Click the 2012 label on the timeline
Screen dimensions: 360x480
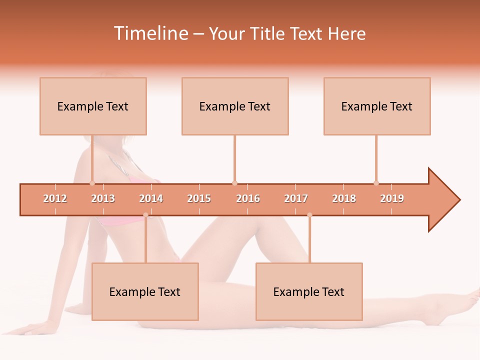pyautogui.click(x=55, y=199)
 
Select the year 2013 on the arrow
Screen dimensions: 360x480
pyautogui.click(x=103, y=199)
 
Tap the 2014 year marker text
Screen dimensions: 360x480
pyautogui.click(x=151, y=199)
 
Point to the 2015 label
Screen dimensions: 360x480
pyautogui.click(x=199, y=199)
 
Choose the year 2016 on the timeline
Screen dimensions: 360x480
pyautogui.click(x=248, y=199)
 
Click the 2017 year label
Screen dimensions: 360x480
pyautogui.click(x=296, y=199)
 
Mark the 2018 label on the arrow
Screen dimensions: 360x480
pyautogui.click(x=344, y=199)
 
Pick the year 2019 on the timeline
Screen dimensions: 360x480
pyautogui.click(x=392, y=199)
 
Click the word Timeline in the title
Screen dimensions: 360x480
pyautogui.click(x=150, y=33)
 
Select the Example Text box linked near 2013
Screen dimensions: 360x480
pyautogui.click(x=93, y=106)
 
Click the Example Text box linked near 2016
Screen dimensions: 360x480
pyautogui.click(x=235, y=106)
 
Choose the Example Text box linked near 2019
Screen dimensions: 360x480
pyautogui.click(x=377, y=106)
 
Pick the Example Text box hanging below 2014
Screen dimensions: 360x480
pyautogui.click(x=145, y=291)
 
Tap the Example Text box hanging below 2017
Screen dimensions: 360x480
pyautogui.click(x=309, y=291)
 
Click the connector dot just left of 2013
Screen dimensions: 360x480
pyautogui.click(x=92, y=183)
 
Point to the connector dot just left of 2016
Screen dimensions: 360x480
pyautogui.click(x=234, y=183)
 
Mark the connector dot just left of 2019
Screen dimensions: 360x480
pyautogui.click(x=376, y=183)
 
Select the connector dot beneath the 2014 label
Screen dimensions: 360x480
pyautogui.click(x=145, y=215)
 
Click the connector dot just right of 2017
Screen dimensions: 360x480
pyautogui.click(x=309, y=215)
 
